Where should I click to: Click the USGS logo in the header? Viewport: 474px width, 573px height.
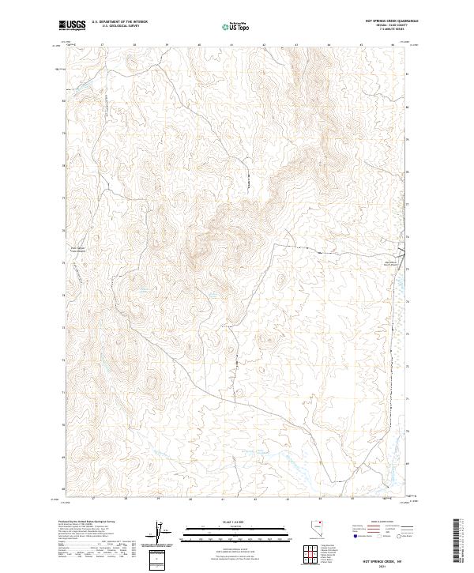[72, 26]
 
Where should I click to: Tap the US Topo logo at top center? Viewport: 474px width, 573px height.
[237, 27]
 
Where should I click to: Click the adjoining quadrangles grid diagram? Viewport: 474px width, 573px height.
[306, 554]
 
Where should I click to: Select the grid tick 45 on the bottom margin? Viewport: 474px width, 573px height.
[360, 499]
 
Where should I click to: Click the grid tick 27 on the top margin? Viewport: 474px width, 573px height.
[103, 45]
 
